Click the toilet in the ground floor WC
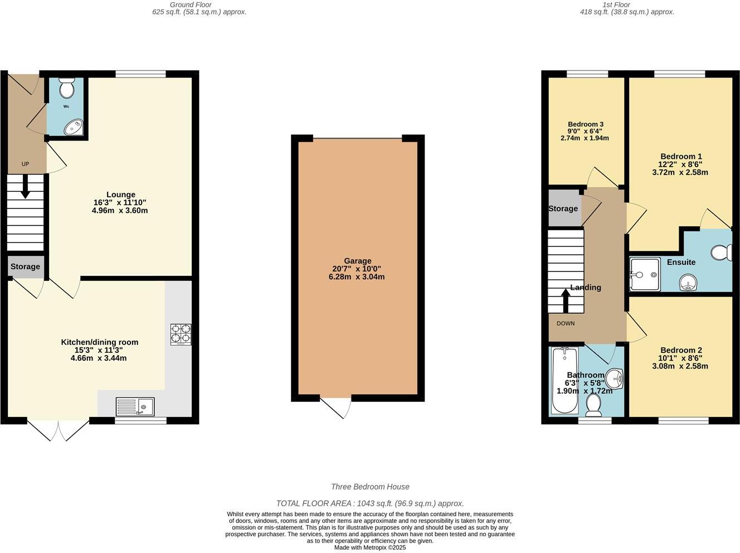pyautogui.click(x=67, y=88)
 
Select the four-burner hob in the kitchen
pyautogui.click(x=181, y=334)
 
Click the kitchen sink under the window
pyautogui.click(x=135, y=406)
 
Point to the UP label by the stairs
pyautogui.click(x=25, y=164)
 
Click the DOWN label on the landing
pyautogui.click(x=565, y=323)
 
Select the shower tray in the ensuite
pyautogui.click(x=645, y=274)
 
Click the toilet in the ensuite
pyautogui.click(x=723, y=253)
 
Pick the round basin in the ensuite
pyautogui.click(x=689, y=284)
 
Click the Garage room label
pyautogui.click(x=357, y=261)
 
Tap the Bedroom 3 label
pyautogui.click(x=586, y=124)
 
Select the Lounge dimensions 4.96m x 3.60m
pyautogui.click(x=120, y=211)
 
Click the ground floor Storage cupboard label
pyautogui.click(x=25, y=266)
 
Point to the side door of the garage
pyautogui.click(x=338, y=406)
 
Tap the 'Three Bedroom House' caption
pyautogui.click(x=370, y=487)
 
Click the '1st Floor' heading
pyautogui.click(x=616, y=4)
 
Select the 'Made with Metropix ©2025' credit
pyautogui.click(x=370, y=547)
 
